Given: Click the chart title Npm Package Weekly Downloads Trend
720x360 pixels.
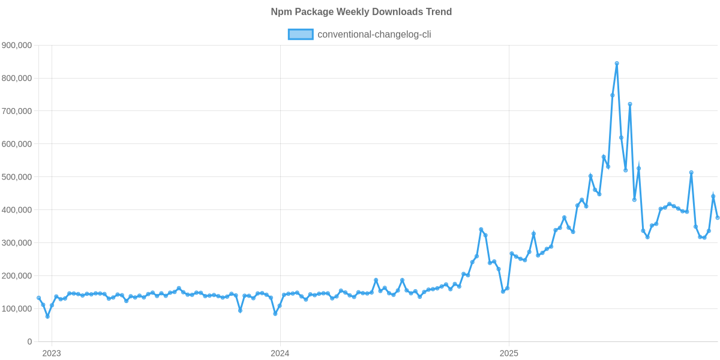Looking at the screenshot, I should (361, 12).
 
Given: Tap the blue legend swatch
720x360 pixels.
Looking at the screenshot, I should (300, 34).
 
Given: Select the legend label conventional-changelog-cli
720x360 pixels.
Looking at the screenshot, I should (374, 34).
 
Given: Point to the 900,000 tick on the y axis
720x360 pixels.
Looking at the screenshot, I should (17, 46).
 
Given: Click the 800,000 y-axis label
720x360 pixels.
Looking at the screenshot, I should (17, 79).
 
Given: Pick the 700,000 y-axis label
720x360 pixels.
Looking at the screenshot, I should (17, 112).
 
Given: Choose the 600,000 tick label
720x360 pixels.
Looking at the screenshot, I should (17, 145).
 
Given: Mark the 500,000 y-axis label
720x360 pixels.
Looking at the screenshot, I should (17, 178).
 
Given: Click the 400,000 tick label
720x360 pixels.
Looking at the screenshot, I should (17, 211).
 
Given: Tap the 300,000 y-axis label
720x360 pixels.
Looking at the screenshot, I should (17, 244).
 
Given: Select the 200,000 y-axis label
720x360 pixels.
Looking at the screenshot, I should (17, 277).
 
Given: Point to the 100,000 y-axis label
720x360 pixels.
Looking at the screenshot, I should (17, 310).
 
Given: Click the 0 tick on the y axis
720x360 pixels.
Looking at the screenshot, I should (29, 342).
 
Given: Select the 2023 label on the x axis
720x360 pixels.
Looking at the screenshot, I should (51, 353).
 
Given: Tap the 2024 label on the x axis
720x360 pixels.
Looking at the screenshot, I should (280, 353).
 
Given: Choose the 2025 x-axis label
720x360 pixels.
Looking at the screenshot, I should (509, 353).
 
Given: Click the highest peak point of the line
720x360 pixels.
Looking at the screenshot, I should (617, 63).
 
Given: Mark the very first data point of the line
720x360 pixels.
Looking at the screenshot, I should (39, 298).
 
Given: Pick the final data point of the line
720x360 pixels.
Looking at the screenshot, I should (718, 218).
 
